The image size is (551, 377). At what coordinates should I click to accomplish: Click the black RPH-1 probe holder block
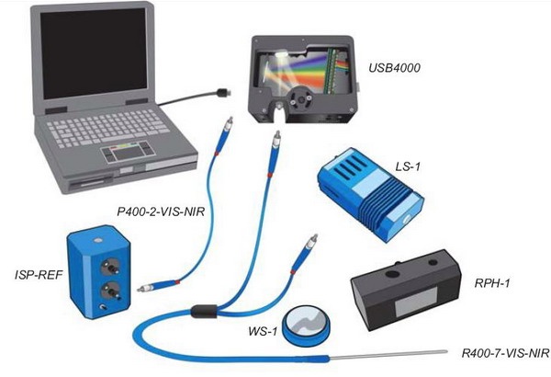coord(403,291)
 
